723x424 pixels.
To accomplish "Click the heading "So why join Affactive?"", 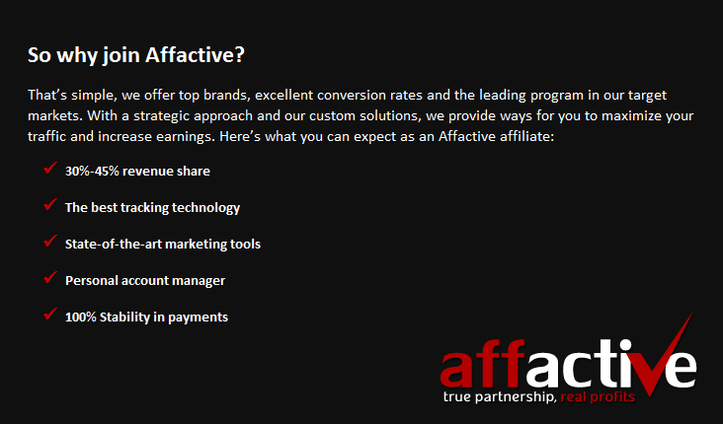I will [135, 55].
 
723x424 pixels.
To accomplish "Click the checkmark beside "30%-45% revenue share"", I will [49, 170].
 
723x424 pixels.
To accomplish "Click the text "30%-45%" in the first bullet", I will [92, 172].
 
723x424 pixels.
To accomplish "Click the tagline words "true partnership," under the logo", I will [499, 397].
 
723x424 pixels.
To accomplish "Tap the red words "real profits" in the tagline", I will [598, 397].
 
